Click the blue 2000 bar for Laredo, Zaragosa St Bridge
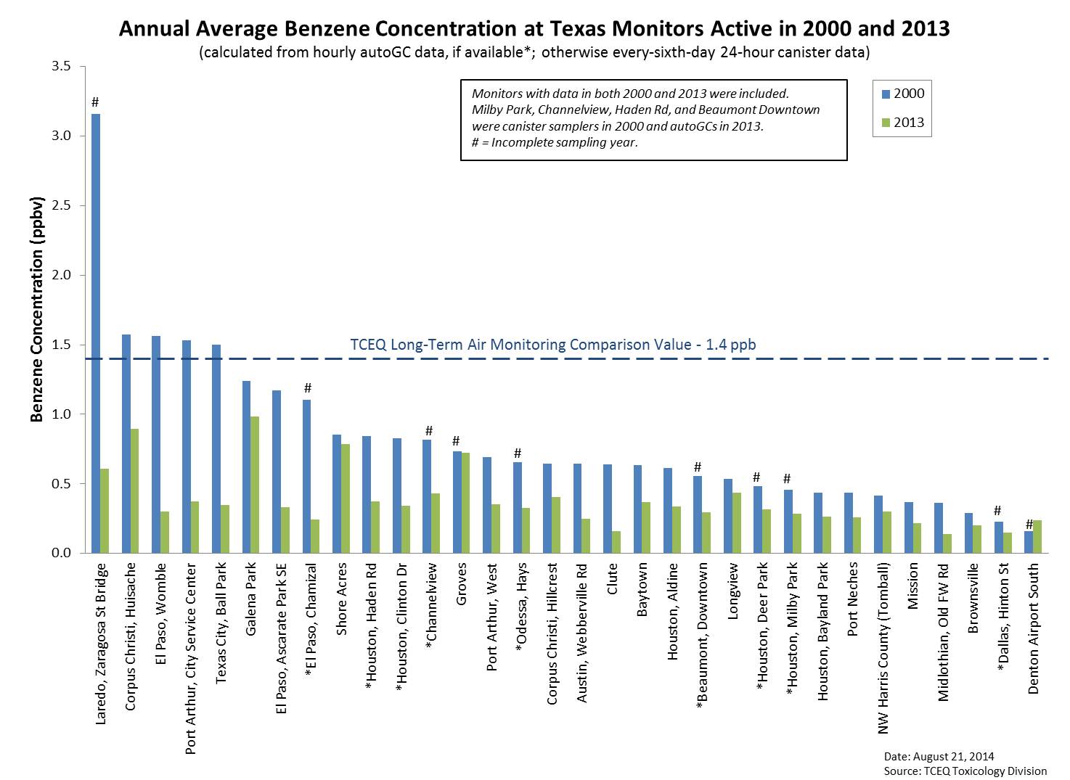click(96, 334)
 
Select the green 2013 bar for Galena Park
click(255, 485)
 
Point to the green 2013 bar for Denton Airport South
click(1037, 537)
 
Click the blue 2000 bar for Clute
click(608, 509)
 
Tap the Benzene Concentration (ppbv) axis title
click(37, 309)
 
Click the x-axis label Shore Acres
click(341, 599)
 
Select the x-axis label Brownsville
click(973, 599)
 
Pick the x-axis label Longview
click(732, 591)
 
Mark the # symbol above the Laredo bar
click(95, 102)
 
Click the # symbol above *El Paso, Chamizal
click(308, 388)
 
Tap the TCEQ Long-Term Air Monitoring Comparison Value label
click(553, 345)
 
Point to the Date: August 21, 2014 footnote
click(939, 757)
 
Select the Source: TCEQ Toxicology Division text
click(965, 771)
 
